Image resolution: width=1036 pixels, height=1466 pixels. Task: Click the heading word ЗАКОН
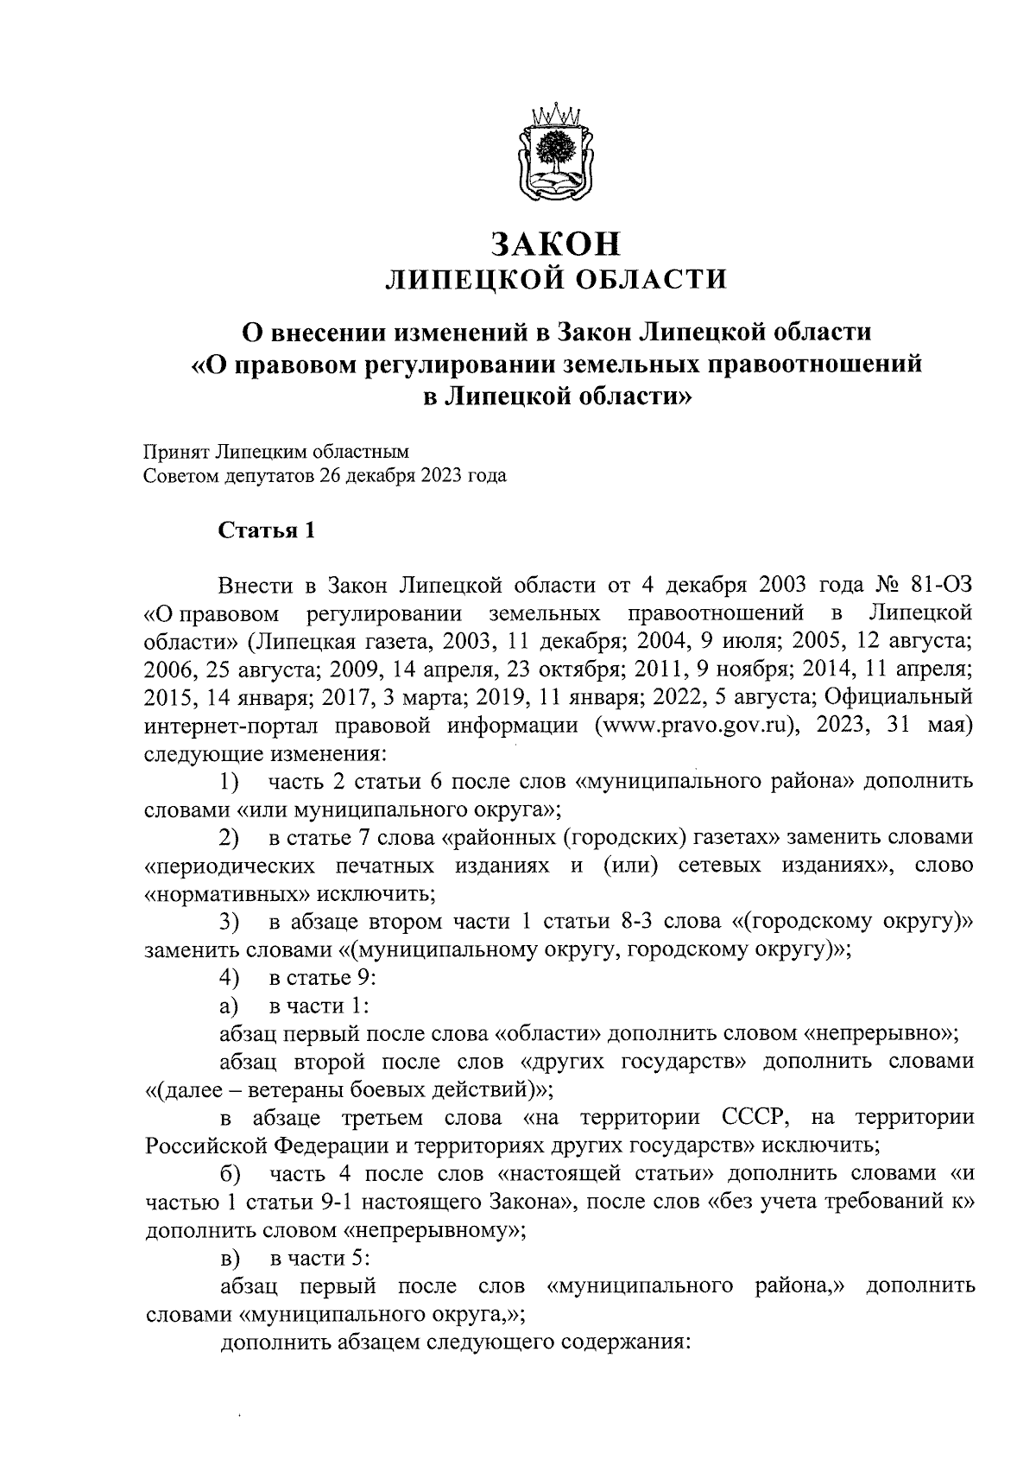[556, 244]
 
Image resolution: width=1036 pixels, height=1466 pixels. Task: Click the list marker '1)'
[230, 783]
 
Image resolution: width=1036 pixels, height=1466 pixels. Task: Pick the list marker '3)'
[230, 923]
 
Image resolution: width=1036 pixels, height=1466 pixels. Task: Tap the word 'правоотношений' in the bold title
[814, 364]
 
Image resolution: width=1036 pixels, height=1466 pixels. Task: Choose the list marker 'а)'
[230, 1006]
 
